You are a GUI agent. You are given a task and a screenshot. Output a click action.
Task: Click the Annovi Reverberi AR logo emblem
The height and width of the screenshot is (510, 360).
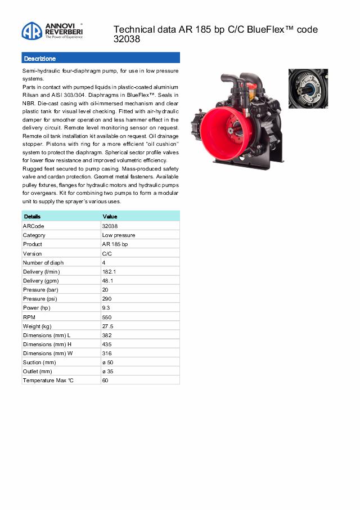(31, 30)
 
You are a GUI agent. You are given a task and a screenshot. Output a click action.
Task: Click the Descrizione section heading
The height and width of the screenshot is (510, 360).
(40, 59)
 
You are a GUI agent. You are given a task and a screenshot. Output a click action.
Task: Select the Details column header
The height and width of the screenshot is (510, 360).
(32, 217)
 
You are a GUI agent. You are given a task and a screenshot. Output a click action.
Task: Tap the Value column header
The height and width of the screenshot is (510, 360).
(110, 217)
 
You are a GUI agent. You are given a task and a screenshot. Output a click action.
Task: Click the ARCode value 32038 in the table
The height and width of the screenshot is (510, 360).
(110, 226)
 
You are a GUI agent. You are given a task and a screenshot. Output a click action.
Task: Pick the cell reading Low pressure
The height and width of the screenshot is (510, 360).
(118, 235)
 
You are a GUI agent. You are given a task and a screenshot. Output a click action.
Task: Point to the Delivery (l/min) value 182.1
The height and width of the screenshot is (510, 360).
(109, 271)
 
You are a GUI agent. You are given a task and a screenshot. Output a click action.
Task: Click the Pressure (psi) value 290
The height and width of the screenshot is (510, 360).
(107, 299)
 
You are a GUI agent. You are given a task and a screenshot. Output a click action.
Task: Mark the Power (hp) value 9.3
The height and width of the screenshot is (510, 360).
(106, 308)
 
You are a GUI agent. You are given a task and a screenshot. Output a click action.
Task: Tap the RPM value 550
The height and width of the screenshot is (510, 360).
(107, 317)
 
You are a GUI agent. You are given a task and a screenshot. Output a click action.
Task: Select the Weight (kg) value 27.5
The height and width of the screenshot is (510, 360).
(107, 326)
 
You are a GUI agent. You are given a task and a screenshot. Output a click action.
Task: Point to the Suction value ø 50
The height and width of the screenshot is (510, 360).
(107, 363)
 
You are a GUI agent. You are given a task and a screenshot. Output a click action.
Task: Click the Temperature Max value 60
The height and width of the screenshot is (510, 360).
(105, 381)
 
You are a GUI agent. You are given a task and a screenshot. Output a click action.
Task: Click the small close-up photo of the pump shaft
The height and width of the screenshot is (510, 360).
(308, 89)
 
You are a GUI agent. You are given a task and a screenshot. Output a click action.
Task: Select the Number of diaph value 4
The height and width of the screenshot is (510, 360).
(103, 262)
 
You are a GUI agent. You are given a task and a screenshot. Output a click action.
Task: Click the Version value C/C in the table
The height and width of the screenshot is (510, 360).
(107, 253)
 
